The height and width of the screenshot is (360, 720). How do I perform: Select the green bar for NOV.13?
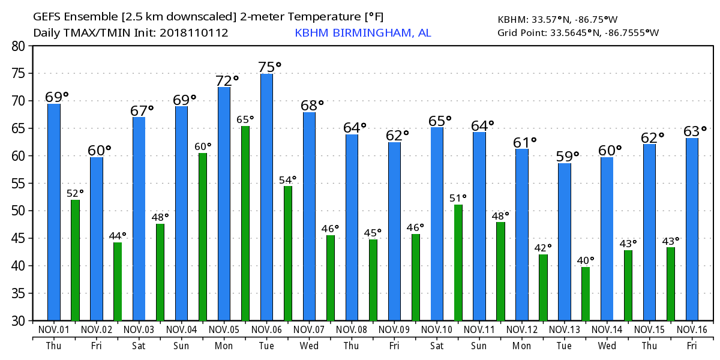click(x=586, y=294)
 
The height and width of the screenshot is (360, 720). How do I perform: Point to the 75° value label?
click(x=269, y=67)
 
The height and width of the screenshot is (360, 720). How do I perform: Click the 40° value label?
click(x=586, y=260)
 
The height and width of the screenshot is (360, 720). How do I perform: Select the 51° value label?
click(x=458, y=198)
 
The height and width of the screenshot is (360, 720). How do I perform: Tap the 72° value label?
click(x=227, y=80)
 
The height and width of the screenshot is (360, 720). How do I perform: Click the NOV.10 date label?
click(x=437, y=330)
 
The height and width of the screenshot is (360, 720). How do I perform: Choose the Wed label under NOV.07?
click(x=309, y=346)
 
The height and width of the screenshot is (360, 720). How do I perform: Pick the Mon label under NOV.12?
click(x=522, y=346)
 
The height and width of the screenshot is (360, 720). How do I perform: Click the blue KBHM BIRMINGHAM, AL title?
click(x=362, y=33)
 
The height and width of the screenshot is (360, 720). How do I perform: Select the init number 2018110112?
click(x=194, y=33)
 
